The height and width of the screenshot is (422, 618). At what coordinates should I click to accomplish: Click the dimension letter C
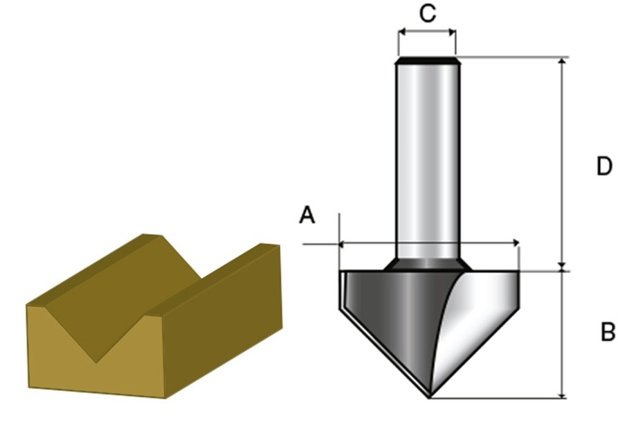428,12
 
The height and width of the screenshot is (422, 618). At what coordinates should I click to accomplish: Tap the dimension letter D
604,166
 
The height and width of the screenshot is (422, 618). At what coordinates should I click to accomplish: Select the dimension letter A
307,215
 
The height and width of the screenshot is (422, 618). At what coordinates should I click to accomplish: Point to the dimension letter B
608,332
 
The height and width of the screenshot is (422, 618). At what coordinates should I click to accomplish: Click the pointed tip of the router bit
429,397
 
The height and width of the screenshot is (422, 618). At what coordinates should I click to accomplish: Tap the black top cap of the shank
427,60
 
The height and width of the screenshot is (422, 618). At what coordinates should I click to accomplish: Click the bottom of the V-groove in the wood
96,361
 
